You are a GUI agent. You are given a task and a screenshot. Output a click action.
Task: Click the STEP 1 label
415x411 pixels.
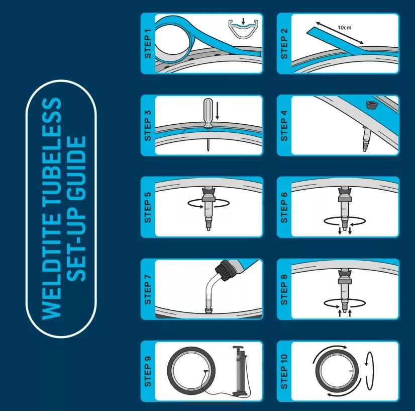pos(148,44)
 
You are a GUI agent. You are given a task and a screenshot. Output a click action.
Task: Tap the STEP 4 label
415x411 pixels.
pos(284,126)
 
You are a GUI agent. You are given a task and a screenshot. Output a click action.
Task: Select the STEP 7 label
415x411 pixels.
pos(148,290)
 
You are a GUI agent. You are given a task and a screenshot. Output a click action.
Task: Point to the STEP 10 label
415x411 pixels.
pos(284,372)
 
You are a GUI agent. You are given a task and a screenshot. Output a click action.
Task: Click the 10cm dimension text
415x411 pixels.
pos(344,27)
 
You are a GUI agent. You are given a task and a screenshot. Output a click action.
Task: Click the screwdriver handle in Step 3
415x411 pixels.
pos(208,111)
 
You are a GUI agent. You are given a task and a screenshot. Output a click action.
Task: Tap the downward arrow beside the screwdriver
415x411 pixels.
pos(217,111)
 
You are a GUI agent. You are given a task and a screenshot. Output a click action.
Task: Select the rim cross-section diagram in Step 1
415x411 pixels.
pos(243,29)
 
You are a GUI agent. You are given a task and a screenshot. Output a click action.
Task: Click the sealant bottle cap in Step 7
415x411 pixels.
pos(223,270)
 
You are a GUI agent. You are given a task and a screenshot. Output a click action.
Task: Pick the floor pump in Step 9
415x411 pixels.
pos(239,370)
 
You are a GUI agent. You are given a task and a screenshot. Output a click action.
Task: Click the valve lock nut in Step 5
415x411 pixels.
pos(208,198)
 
